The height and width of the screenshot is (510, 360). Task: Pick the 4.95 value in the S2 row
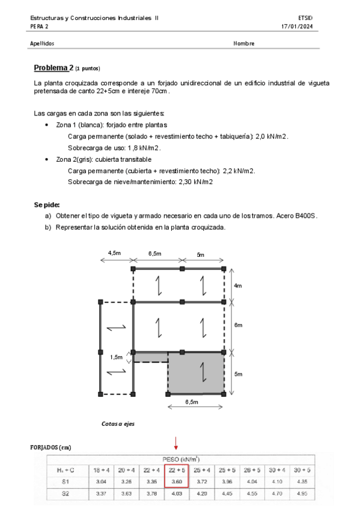[302, 494]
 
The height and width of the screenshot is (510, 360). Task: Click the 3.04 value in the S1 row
[102, 481]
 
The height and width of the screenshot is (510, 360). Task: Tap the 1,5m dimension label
[116, 357]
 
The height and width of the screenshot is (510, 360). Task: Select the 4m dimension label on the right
[237, 286]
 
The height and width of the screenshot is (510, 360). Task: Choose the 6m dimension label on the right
[238, 325]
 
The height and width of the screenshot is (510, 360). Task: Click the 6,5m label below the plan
[192, 402]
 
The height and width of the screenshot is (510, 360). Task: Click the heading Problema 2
[53, 68]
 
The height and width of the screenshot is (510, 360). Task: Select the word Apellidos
[42, 43]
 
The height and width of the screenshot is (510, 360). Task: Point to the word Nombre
[243, 43]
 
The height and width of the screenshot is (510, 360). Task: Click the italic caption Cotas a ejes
[118, 423]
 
